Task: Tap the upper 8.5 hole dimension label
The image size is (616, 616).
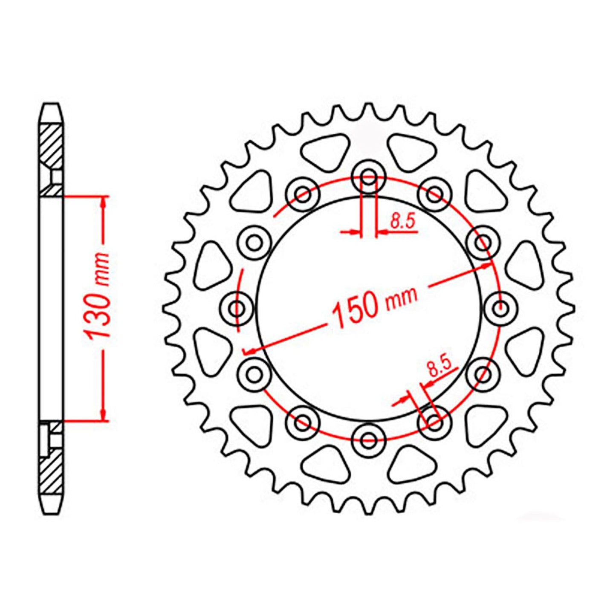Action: click(403, 222)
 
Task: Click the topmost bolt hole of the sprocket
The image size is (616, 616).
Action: click(369, 176)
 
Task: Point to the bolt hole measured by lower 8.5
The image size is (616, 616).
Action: click(434, 422)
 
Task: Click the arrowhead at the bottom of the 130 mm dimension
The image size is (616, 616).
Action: click(103, 414)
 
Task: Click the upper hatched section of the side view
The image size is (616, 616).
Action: click(52, 145)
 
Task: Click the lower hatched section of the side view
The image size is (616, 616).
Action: click(52, 469)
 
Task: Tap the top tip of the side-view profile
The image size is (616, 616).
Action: click(51, 104)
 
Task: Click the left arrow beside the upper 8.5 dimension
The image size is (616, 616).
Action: click(352, 232)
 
